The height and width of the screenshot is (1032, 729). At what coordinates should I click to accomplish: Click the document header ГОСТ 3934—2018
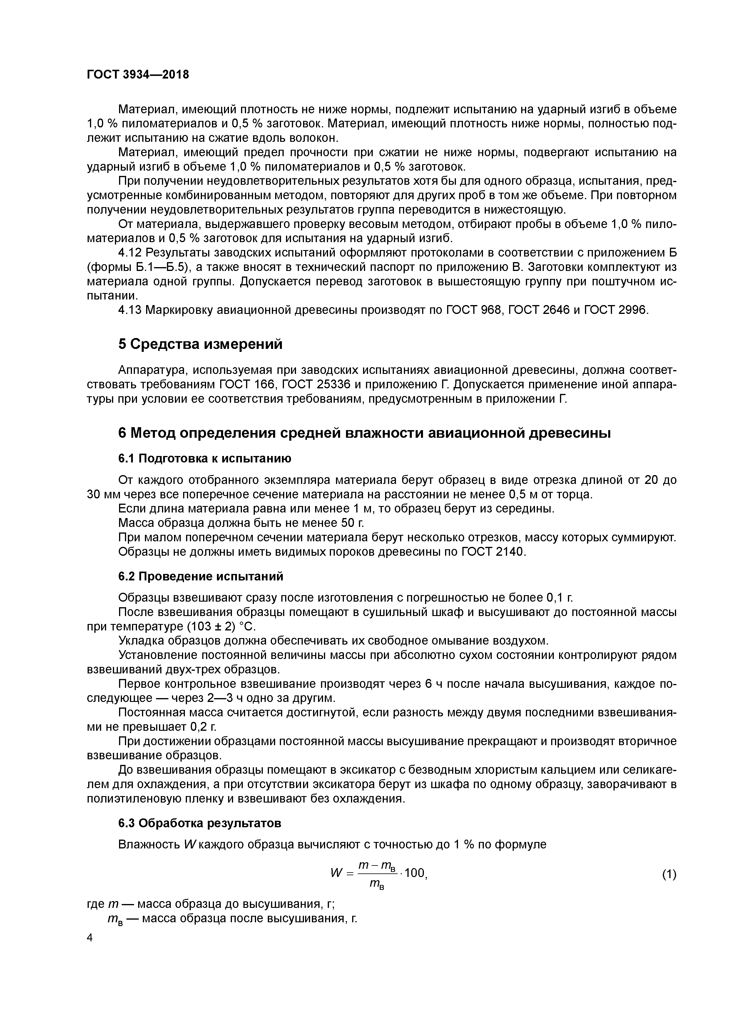pyautogui.click(x=138, y=75)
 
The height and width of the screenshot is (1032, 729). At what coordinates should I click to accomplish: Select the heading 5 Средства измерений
pyautogui.click(x=200, y=344)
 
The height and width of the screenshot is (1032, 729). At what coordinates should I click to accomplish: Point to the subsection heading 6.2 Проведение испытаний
pyautogui.click(x=201, y=577)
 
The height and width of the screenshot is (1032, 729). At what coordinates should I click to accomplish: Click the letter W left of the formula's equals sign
pyautogui.click(x=337, y=873)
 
